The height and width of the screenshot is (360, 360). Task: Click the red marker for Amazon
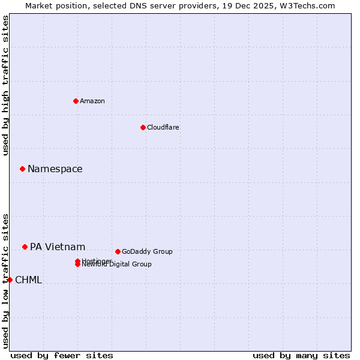click(76, 101)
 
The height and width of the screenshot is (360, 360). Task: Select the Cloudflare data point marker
click(143, 127)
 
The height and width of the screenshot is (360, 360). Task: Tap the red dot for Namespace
click(22, 169)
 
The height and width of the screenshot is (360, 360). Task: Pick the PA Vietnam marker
click(25, 247)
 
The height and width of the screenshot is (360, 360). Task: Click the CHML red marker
click(10, 280)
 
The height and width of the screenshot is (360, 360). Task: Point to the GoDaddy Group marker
click(118, 251)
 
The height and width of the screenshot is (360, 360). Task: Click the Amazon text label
click(92, 101)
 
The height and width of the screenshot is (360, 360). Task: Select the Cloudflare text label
click(163, 127)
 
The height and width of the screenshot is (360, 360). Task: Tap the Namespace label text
click(55, 169)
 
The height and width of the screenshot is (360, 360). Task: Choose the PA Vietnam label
click(58, 247)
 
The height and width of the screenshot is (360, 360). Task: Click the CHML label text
click(28, 280)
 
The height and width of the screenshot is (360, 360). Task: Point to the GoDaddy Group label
click(147, 251)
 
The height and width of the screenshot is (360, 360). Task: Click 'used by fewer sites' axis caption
click(62, 355)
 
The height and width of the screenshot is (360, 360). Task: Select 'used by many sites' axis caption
click(301, 355)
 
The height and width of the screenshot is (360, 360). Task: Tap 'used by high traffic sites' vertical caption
click(6, 85)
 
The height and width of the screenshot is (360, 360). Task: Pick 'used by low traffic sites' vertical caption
click(6, 281)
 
